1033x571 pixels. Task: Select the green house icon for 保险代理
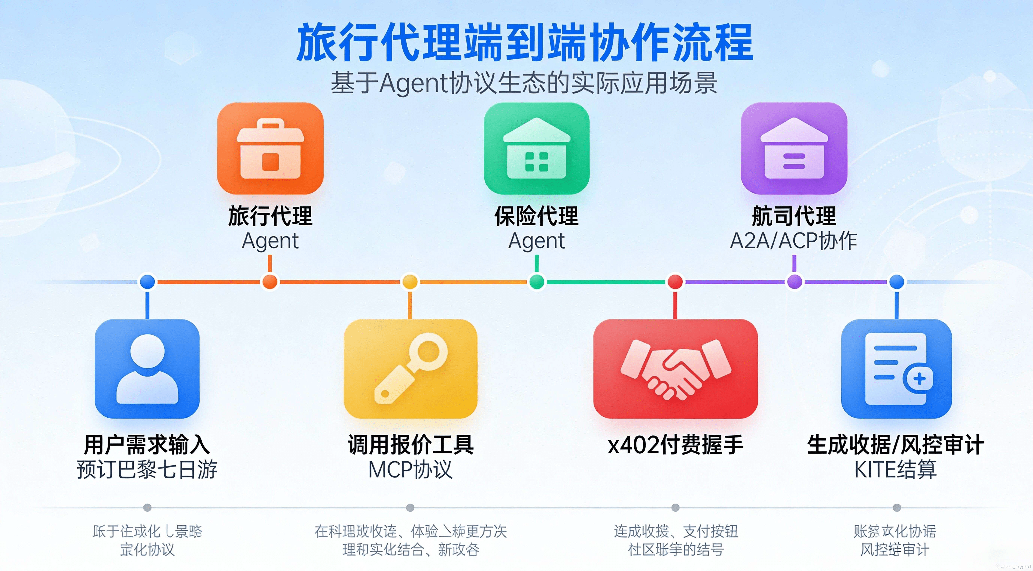(x=537, y=148)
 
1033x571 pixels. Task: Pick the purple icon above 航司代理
(x=794, y=148)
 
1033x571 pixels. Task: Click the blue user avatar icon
(x=147, y=368)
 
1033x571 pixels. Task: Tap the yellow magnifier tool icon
(x=410, y=368)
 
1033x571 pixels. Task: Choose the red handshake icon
(x=675, y=368)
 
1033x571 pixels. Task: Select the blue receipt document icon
(x=896, y=368)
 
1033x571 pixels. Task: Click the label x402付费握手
(x=675, y=445)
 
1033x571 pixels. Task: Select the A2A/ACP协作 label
(x=794, y=241)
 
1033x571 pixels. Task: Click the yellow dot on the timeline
(x=410, y=282)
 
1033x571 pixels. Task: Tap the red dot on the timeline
(x=675, y=282)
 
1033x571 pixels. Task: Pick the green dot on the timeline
(x=537, y=282)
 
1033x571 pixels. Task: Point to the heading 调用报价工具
(x=410, y=445)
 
